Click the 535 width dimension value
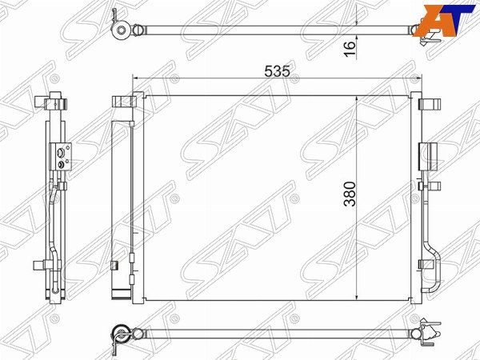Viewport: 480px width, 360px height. point(277,72)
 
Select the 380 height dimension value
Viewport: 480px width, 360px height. point(350,194)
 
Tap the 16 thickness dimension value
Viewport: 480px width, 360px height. point(350,48)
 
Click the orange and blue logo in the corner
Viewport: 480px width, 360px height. point(446,20)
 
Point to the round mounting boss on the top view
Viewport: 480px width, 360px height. point(121,30)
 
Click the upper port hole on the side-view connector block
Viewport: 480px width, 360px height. point(61,151)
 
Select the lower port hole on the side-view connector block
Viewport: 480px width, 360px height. point(61,164)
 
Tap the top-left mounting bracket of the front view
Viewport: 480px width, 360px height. point(124,102)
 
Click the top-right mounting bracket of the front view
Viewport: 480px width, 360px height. point(430,104)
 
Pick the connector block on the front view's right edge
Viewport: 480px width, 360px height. point(429,157)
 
